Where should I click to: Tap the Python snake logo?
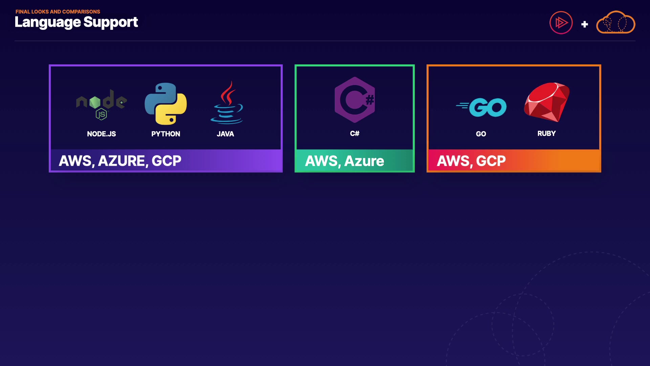click(166, 104)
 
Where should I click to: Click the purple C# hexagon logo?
click(354, 100)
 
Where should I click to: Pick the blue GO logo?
click(482, 107)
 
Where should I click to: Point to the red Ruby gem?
click(547, 102)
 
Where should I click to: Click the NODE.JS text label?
click(101, 134)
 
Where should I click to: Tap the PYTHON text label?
click(166, 134)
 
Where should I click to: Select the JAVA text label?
click(225, 134)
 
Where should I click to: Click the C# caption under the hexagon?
click(354, 134)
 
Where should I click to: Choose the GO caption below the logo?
click(481, 134)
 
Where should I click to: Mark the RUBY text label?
click(546, 134)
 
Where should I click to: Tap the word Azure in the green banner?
click(364, 161)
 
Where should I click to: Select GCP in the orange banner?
click(491, 161)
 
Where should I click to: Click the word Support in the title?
click(111, 22)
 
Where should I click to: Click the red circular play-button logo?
click(561, 23)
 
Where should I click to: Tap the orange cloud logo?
click(615, 22)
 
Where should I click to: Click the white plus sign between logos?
click(584, 24)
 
